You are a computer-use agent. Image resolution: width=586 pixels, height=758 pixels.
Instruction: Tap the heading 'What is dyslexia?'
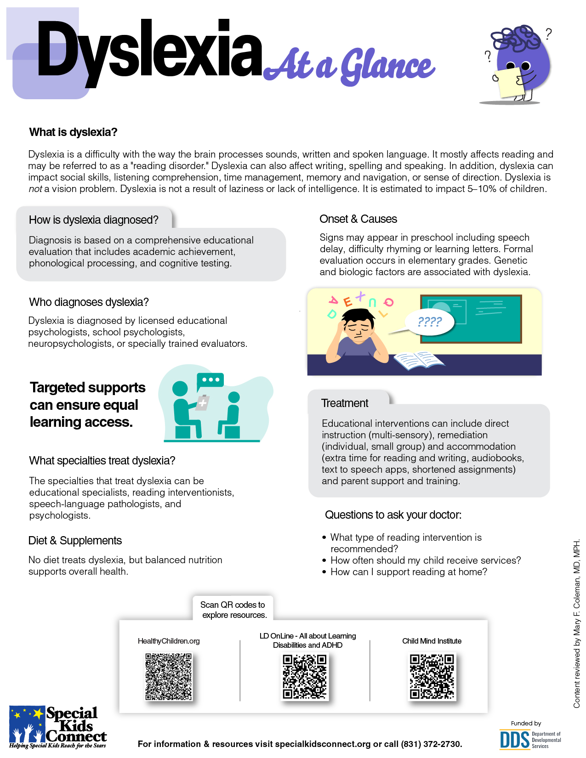(x=73, y=132)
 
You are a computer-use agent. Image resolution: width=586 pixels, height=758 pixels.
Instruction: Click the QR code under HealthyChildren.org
(x=169, y=676)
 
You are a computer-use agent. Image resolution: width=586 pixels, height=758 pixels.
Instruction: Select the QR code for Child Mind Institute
(x=432, y=677)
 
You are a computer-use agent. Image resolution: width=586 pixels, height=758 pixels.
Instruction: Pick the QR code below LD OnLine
(x=305, y=677)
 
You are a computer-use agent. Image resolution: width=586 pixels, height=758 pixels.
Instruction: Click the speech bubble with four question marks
(x=429, y=322)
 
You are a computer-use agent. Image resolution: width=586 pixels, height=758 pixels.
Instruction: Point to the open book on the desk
(x=419, y=360)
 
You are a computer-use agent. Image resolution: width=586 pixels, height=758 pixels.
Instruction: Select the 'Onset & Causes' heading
(x=358, y=219)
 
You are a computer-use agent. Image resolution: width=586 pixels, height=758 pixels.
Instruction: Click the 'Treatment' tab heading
(x=345, y=403)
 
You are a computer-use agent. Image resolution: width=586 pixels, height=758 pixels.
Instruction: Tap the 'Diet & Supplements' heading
(x=75, y=541)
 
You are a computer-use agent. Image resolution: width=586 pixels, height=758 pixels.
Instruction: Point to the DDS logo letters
(x=514, y=740)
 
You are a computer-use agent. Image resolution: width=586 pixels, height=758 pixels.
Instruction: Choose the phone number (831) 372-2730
(x=431, y=744)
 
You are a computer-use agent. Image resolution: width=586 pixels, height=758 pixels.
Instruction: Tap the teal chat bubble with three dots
(x=211, y=380)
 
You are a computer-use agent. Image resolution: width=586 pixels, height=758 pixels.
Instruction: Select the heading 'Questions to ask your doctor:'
(x=393, y=515)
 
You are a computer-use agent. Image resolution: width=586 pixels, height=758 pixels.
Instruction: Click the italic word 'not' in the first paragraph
(x=35, y=189)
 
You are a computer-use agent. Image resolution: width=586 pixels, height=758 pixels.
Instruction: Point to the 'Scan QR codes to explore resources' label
(x=233, y=610)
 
